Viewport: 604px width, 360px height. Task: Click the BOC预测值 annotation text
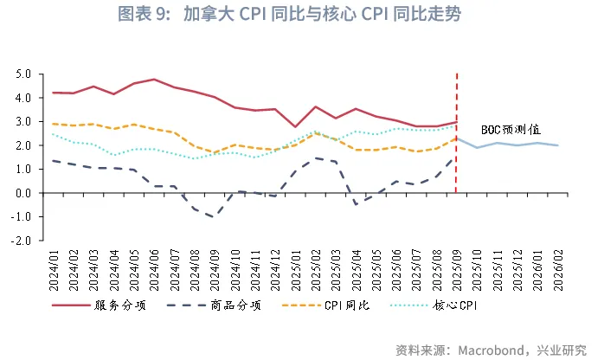pyautogui.click(x=511, y=129)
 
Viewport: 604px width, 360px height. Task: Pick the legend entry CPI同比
pyautogui.click(x=349, y=305)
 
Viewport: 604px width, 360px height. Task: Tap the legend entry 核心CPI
pyautogui.click(x=455, y=305)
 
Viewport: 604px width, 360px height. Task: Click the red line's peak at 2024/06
pyautogui.click(x=154, y=80)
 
